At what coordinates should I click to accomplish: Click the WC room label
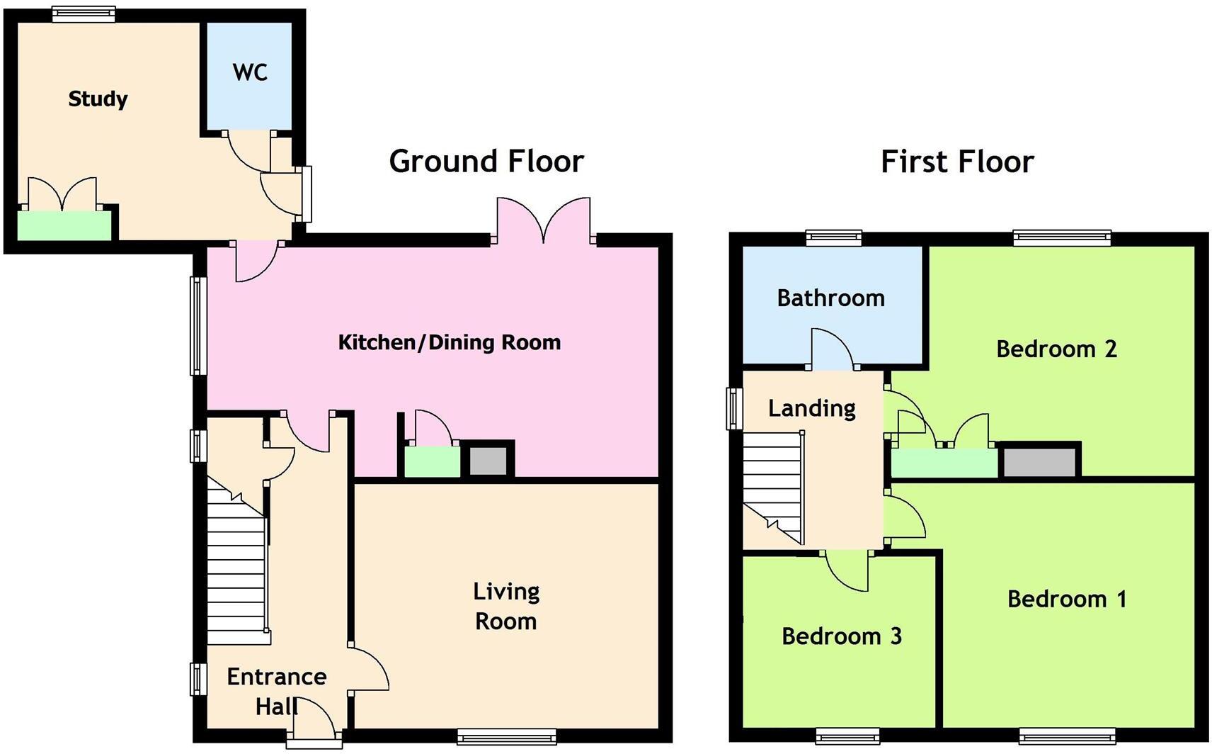pyautogui.click(x=250, y=72)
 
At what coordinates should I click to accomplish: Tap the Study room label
pyautogui.click(x=98, y=99)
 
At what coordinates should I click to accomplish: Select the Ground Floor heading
pyautogui.click(x=486, y=162)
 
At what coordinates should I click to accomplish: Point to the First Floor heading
pyautogui.click(x=957, y=162)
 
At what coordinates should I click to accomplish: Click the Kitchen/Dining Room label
pyautogui.click(x=449, y=342)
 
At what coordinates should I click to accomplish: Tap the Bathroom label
pyautogui.click(x=830, y=298)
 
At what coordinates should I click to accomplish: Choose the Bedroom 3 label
pyautogui.click(x=841, y=636)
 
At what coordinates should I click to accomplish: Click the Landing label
pyautogui.click(x=811, y=409)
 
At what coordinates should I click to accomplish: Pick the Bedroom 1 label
pyautogui.click(x=1066, y=599)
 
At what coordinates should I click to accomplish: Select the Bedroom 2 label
pyautogui.click(x=1056, y=349)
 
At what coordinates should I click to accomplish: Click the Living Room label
pyautogui.click(x=506, y=607)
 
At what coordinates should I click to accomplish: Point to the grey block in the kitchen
pyautogui.click(x=488, y=461)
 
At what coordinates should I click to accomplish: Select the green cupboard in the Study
pyautogui.click(x=64, y=225)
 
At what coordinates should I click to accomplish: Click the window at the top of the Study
pyautogui.click(x=84, y=14)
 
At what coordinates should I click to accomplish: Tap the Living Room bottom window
pyautogui.click(x=506, y=736)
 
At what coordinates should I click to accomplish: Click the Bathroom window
pyautogui.click(x=833, y=238)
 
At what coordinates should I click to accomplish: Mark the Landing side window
pyautogui.click(x=734, y=409)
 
